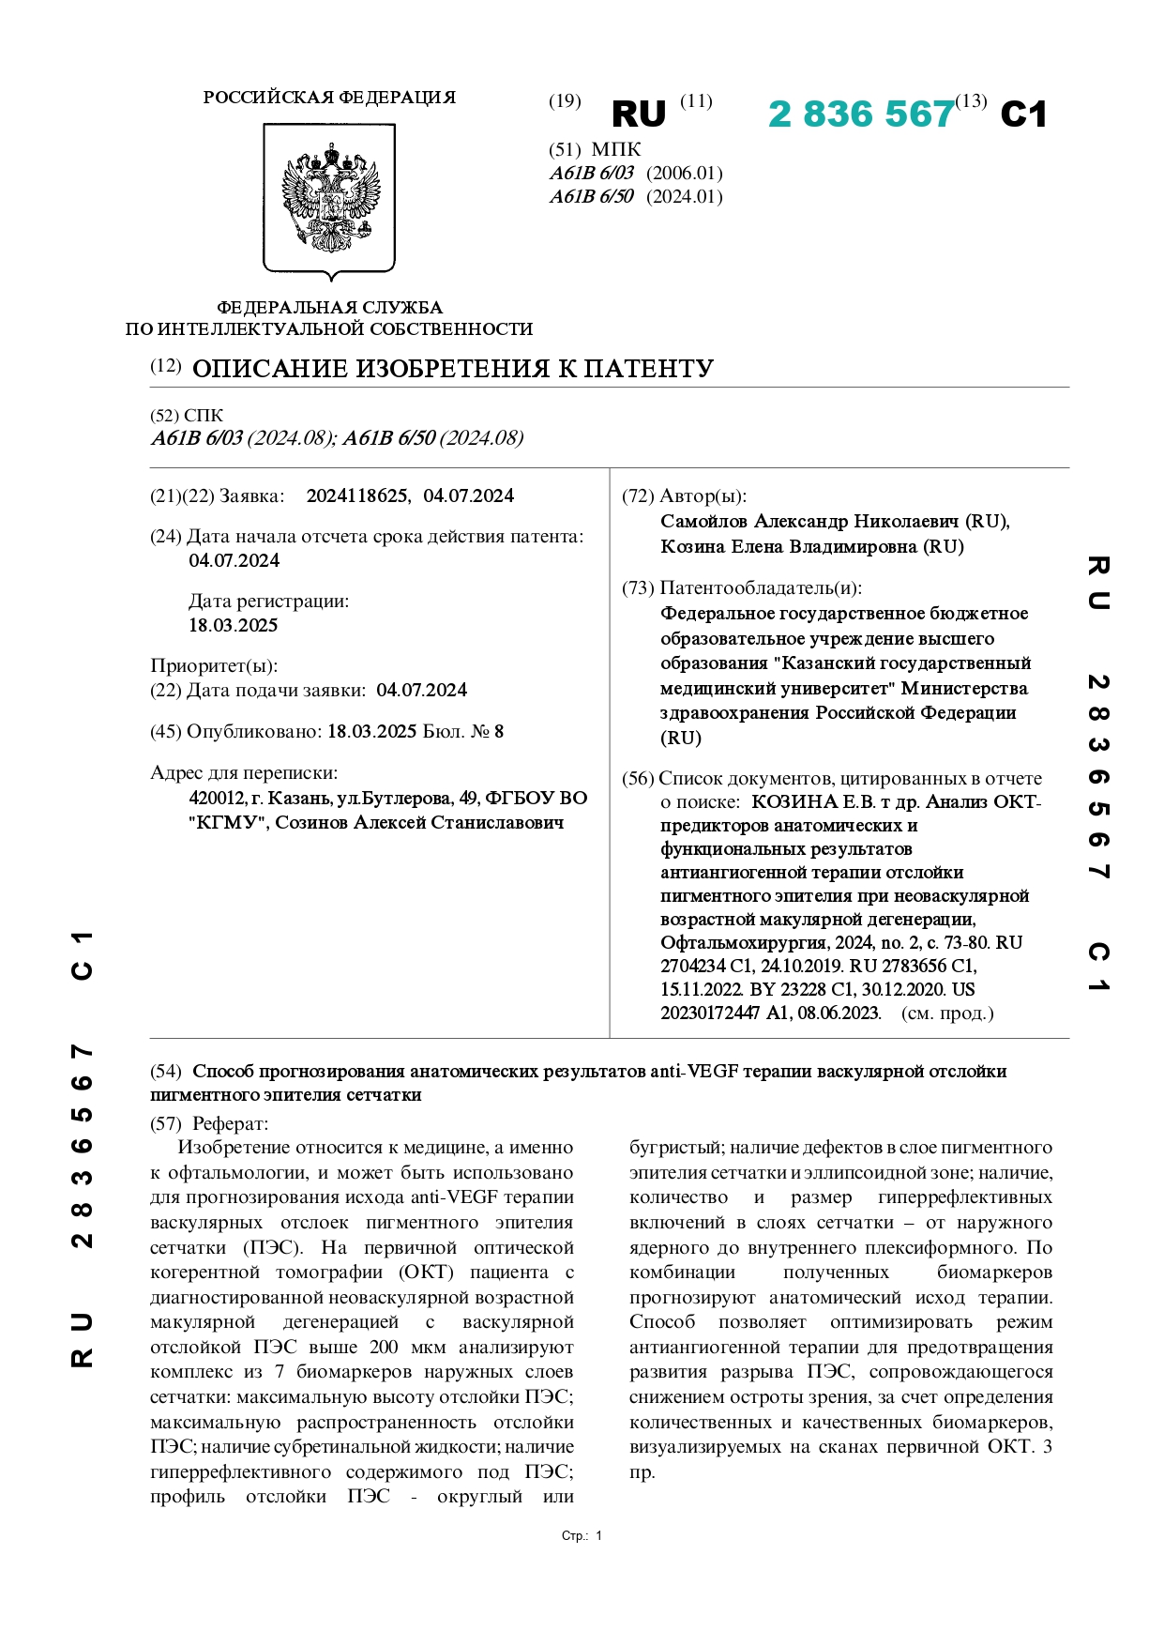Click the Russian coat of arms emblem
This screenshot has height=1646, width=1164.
tap(330, 199)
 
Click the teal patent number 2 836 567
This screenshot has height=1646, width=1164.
tap(860, 114)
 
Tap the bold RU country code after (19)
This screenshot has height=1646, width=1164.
tap(638, 114)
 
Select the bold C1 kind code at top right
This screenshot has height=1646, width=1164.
tap(1023, 114)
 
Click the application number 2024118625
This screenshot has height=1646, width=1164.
tap(357, 495)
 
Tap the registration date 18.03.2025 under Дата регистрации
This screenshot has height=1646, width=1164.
tap(234, 625)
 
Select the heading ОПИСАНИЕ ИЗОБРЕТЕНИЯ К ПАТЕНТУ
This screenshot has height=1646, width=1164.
tap(453, 368)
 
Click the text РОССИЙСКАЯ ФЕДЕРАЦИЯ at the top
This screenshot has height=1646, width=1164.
tap(329, 98)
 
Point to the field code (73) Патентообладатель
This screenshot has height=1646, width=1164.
tap(741, 587)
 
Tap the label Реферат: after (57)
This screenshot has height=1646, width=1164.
tap(230, 1123)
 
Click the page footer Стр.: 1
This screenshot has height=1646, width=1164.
tap(582, 1535)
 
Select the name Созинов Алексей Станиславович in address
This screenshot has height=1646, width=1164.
tap(419, 822)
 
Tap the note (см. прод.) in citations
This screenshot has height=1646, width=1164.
tap(946, 1013)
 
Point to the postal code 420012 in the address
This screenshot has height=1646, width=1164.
tap(217, 798)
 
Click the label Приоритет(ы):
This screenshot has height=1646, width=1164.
tap(214, 665)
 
